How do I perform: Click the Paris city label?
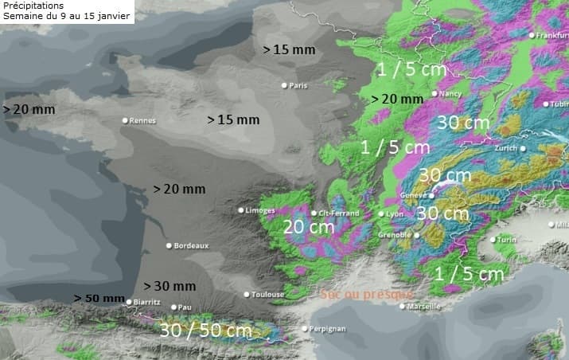[298, 86]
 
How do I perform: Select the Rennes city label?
[142, 121]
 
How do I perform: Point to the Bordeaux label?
[191, 245]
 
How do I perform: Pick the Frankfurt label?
[552, 35]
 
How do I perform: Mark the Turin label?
[508, 240]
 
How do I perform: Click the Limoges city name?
[260, 210]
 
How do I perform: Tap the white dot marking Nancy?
[434, 93]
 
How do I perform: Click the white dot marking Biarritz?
[129, 302]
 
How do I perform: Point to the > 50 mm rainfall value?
[99, 298]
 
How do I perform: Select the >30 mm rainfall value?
[169, 286]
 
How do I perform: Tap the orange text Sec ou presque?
[367, 294]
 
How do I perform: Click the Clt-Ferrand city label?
[338, 213]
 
